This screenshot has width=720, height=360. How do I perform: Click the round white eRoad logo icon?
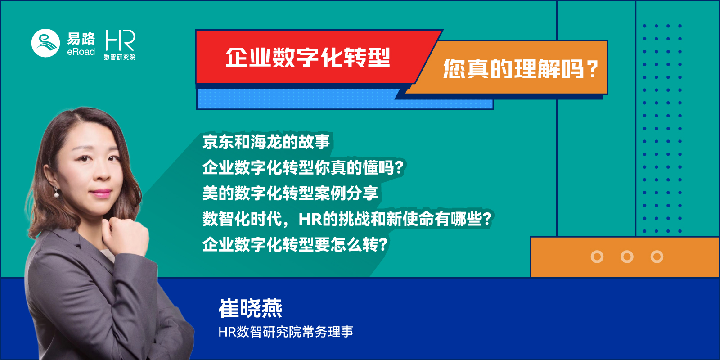pyautogui.click(x=45, y=43)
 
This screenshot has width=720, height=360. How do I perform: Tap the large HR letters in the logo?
pyautogui.click(x=120, y=41)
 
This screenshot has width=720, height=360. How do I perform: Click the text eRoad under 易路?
pyautogui.click(x=81, y=52)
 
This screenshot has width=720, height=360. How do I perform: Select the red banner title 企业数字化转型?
pyautogui.click(x=308, y=58)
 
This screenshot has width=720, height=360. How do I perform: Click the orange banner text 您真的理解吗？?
pyautogui.click(x=520, y=69)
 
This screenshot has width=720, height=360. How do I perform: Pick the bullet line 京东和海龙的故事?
pyautogui.click(x=266, y=142)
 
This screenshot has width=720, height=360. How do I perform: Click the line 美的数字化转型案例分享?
pyautogui.click(x=290, y=193)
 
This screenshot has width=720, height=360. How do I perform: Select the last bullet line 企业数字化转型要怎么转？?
pyautogui.click(x=295, y=244)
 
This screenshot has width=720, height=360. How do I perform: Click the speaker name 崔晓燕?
pyautogui.click(x=250, y=308)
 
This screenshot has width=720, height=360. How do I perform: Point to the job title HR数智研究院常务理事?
pyautogui.click(x=286, y=332)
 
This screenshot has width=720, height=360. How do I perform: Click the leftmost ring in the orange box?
pyautogui.click(x=597, y=256)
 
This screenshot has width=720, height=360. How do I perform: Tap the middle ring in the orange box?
pyautogui.click(x=627, y=256)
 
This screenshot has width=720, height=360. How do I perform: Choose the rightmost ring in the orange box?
pyautogui.click(x=657, y=256)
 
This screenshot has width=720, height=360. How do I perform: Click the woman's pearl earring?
pyautogui.click(x=57, y=194)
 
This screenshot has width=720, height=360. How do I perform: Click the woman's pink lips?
pyautogui.click(x=100, y=193)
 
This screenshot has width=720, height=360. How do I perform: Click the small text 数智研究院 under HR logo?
pyautogui.click(x=120, y=57)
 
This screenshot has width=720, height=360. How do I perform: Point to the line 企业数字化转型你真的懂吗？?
pyautogui.click(x=303, y=167)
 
